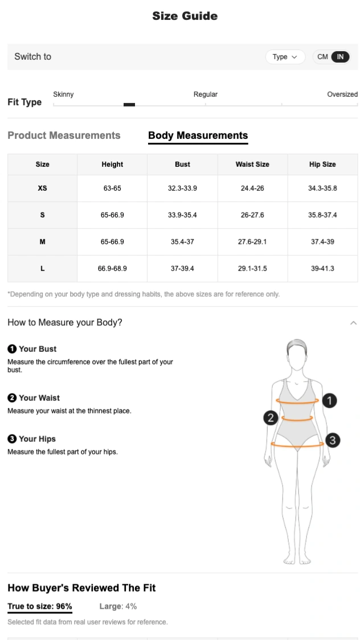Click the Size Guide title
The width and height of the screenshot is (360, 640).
tap(185, 16)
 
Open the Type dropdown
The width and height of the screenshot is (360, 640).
tap(285, 57)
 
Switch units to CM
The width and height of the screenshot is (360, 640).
tap(322, 57)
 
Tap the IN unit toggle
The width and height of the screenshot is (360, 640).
tap(340, 57)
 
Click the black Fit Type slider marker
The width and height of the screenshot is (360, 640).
tap(129, 105)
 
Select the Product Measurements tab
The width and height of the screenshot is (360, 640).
tap(64, 136)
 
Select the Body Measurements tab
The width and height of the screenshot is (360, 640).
tap(198, 136)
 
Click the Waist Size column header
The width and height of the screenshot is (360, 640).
tap(252, 165)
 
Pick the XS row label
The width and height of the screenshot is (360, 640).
tap(43, 188)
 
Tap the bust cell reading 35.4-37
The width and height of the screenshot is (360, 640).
tap(182, 242)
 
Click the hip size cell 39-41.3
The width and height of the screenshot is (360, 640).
tap(322, 268)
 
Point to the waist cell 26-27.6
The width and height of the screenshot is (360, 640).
tap(252, 215)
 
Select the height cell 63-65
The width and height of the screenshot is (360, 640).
tap(112, 188)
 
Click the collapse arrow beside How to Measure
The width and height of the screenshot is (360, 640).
tap(353, 323)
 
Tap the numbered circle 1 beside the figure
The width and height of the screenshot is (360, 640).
tap(329, 401)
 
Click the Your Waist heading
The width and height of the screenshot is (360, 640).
tap(39, 398)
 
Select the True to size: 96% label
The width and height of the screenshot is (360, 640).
tap(40, 606)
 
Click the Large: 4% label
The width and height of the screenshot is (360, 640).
tap(118, 606)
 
